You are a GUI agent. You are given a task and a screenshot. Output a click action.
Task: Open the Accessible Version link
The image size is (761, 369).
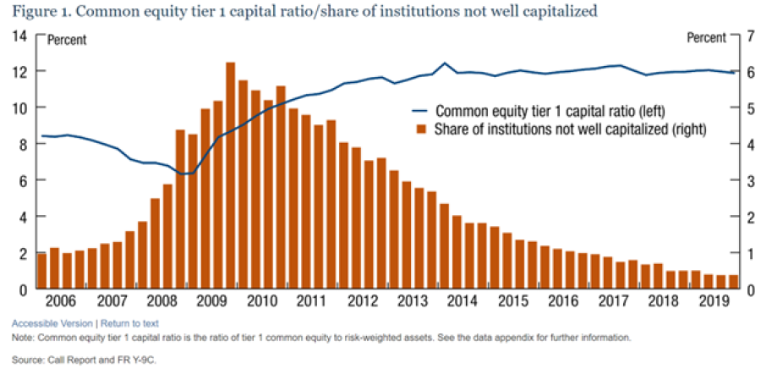click(x=52, y=323)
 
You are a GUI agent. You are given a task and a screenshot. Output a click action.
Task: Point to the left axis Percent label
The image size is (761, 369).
click(x=66, y=39)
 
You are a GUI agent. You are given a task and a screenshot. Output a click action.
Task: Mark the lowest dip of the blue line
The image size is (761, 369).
click(x=188, y=173)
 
